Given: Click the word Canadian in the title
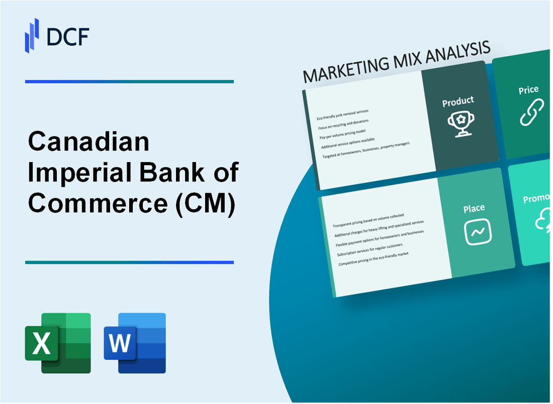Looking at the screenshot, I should click(x=89, y=142).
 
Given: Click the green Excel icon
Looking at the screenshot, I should click(x=58, y=343).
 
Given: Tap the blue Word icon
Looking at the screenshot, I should click(x=135, y=343).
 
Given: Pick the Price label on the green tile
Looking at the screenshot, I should click(x=528, y=90).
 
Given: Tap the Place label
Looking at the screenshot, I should click(x=474, y=208).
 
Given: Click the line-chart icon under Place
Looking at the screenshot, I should click(x=478, y=232).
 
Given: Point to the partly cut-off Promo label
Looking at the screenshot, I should click(x=537, y=199).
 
